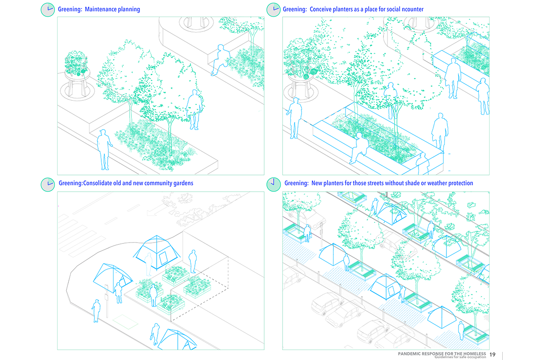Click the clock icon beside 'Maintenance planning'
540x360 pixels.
(48, 9)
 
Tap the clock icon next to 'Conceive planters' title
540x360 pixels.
(273, 9)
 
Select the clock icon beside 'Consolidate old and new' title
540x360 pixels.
(48, 184)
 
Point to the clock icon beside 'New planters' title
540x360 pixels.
(273, 184)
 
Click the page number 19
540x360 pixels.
(492, 355)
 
